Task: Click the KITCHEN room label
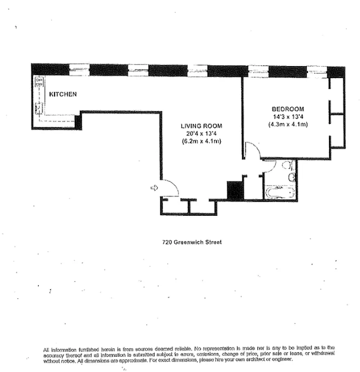tap(63, 94)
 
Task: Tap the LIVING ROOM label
tap(201, 126)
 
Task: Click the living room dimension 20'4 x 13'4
tap(201, 133)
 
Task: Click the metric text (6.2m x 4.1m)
tap(201, 141)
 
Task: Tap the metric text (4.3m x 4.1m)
tap(288, 124)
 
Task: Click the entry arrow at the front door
tap(154, 187)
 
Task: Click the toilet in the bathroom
tap(287, 166)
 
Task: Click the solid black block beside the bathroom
tap(235, 191)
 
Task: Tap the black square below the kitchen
tap(78, 122)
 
